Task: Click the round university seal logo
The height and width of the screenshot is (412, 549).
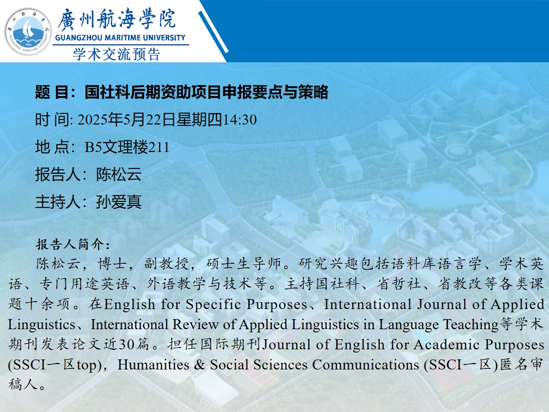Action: point(28,32)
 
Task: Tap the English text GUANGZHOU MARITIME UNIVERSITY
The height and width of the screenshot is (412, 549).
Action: point(120,38)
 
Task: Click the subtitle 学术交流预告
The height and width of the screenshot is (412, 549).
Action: point(117,54)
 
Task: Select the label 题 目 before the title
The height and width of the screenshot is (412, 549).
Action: point(52,92)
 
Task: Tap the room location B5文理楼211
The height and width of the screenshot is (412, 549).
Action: point(127,147)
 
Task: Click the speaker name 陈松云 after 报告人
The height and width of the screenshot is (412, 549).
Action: point(119,174)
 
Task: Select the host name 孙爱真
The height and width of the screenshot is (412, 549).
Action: point(119,201)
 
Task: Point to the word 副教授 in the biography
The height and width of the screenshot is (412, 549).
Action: point(166,264)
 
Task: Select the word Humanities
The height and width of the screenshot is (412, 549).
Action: point(153,364)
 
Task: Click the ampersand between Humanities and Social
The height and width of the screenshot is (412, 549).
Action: point(199,364)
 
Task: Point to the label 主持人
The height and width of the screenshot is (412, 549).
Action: point(58,201)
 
